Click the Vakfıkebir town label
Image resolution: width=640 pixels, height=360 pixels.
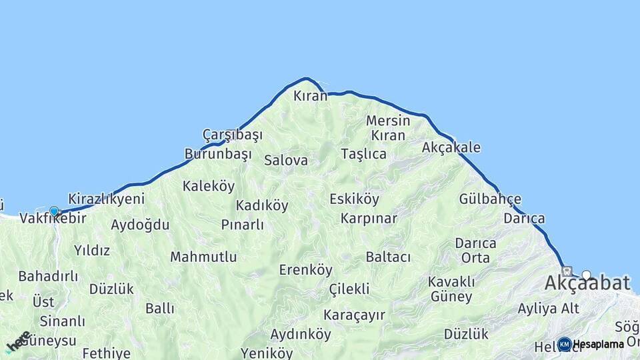(53, 218)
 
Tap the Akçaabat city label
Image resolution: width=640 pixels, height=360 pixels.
(587, 283)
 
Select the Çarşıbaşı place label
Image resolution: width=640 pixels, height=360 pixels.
(233, 135)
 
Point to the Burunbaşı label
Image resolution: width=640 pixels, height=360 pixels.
(218, 155)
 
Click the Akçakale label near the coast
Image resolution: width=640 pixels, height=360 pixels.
(451, 147)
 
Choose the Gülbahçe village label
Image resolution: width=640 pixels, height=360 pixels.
(490, 199)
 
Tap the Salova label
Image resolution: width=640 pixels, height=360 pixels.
(286, 160)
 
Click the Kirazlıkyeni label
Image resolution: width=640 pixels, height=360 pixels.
(107, 199)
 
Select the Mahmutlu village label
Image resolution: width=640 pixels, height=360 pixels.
(203, 257)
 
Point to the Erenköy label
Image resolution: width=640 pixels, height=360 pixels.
(305, 270)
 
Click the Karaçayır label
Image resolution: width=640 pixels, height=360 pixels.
(355, 315)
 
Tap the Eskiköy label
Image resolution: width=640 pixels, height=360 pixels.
(354, 199)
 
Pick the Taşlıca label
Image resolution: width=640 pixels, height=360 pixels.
(363, 154)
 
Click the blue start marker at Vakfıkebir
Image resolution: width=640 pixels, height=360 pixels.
(54, 211)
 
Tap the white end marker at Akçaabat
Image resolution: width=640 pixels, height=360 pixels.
(587, 275)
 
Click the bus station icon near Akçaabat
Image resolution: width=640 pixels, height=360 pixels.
(567, 271)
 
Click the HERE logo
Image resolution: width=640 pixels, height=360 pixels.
(17, 342)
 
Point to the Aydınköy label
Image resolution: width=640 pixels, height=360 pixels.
(301, 334)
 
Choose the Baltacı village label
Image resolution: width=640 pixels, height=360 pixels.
(388, 257)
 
